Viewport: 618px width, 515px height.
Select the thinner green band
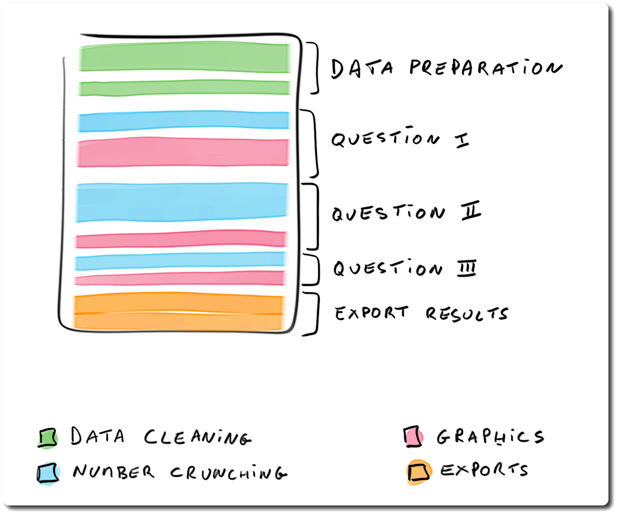tap(185, 88)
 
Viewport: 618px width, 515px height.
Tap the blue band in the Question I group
tap(184, 121)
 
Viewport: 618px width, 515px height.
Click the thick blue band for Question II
tap(182, 202)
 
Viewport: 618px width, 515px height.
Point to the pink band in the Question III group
tap(180, 278)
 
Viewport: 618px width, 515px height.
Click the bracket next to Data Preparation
tap(316, 68)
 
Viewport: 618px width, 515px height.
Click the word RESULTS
tap(466, 314)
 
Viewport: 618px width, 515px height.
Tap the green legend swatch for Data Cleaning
tap(47, 438)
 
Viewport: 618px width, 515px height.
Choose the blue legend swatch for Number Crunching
tap(48, 473)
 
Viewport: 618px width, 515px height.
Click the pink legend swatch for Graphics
tap(413, 436)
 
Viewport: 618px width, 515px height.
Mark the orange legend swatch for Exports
tap(418, 472)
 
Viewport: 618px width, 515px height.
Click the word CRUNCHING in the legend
tap(228, 473)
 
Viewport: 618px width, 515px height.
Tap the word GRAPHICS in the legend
tap(490, 436)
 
